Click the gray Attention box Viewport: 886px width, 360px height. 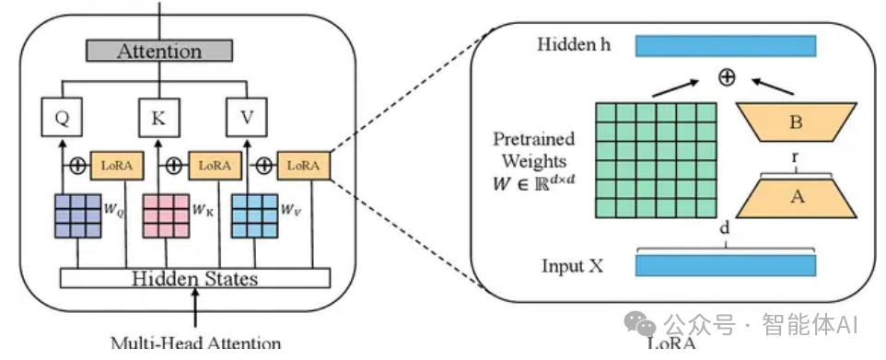[158, 51]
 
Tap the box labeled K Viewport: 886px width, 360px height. [159, 117]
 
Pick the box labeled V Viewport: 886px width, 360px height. [245, 117]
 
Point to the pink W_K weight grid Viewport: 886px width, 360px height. [163, 216]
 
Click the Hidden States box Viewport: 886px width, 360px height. [193, 278]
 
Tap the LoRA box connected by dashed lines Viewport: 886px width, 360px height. [303, 166]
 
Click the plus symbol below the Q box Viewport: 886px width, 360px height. [79, 167]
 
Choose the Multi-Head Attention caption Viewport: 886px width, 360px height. [195, 343]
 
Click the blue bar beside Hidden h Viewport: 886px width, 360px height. [725, 46]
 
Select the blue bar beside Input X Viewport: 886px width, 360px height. [725, 265]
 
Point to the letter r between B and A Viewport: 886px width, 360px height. [794, 157]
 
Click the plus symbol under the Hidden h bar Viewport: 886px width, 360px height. [727, 77]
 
